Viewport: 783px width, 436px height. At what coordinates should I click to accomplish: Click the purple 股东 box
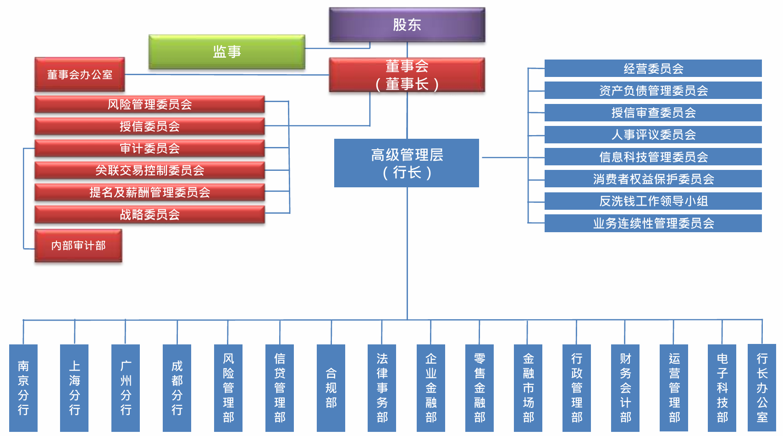(x=407, y=25)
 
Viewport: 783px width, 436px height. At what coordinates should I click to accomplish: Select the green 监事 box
(x=227, y=52)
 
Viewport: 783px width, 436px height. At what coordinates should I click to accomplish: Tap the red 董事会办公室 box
(x=80, y=74)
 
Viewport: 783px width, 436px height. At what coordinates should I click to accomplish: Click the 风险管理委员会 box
(x=149, y=104)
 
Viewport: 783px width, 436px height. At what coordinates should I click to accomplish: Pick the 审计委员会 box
(x=149, y=148)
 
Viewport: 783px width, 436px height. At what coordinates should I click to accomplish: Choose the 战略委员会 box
(x=149, y=214)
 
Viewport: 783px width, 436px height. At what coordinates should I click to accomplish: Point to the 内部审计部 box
(x=78, y=245)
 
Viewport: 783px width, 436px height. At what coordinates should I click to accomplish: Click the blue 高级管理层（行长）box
(x=407, y=163)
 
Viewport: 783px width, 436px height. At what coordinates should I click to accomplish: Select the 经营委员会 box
(x=653, y=69)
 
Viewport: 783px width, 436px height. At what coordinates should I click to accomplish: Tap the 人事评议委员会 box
(x=653, y=135)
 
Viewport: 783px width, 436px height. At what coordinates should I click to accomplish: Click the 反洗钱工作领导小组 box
(x=653, y=201)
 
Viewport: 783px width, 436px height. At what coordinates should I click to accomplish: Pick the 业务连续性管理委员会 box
(x=653, y=223)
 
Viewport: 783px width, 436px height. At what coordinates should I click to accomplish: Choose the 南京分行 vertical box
(x=23, y=387)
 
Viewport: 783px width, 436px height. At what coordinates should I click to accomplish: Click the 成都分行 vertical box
(x=177, y=387)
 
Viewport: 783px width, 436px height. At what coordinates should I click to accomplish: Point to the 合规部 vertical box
(x=331, y=387)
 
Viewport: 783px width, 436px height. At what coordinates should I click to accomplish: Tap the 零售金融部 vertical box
(x=480, y=387)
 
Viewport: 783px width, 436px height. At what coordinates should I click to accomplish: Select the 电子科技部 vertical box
(x=722, y=387)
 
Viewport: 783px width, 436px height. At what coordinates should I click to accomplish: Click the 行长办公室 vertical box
(x=762, y=387)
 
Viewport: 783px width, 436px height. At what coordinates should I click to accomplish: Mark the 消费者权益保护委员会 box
(x=653, y=179)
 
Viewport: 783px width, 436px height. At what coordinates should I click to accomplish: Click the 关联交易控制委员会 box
(x=149, y=170)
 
